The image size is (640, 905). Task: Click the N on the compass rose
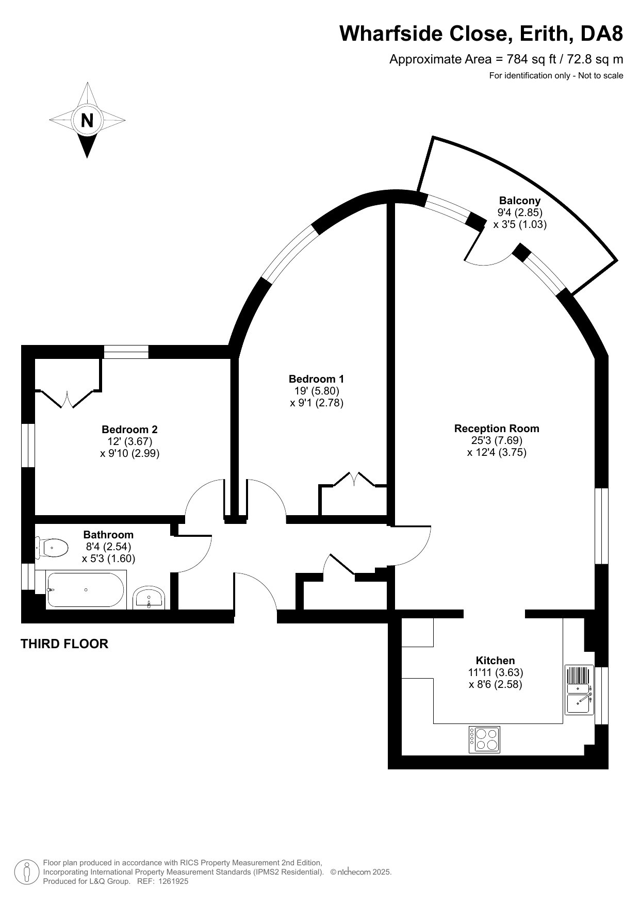coord(87,120)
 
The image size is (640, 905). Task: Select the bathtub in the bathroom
coord(85,590)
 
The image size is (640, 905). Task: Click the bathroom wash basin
coord(149,598)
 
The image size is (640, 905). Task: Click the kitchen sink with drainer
coord(579,689)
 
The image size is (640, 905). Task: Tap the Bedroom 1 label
coord(316,379)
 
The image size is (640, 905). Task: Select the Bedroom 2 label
coord(129,429)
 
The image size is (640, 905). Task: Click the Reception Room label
coord(496,428)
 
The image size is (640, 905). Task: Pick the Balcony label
coord(519,201)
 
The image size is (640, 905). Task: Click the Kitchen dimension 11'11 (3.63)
coord(496,672)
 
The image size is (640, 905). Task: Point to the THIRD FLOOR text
coord(64,644)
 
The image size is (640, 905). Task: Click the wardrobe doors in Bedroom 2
coord(68,400)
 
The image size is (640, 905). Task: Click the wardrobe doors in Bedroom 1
coord(354,479)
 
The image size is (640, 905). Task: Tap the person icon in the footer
coord(27,871)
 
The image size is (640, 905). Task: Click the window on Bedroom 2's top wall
coord(126,352)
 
